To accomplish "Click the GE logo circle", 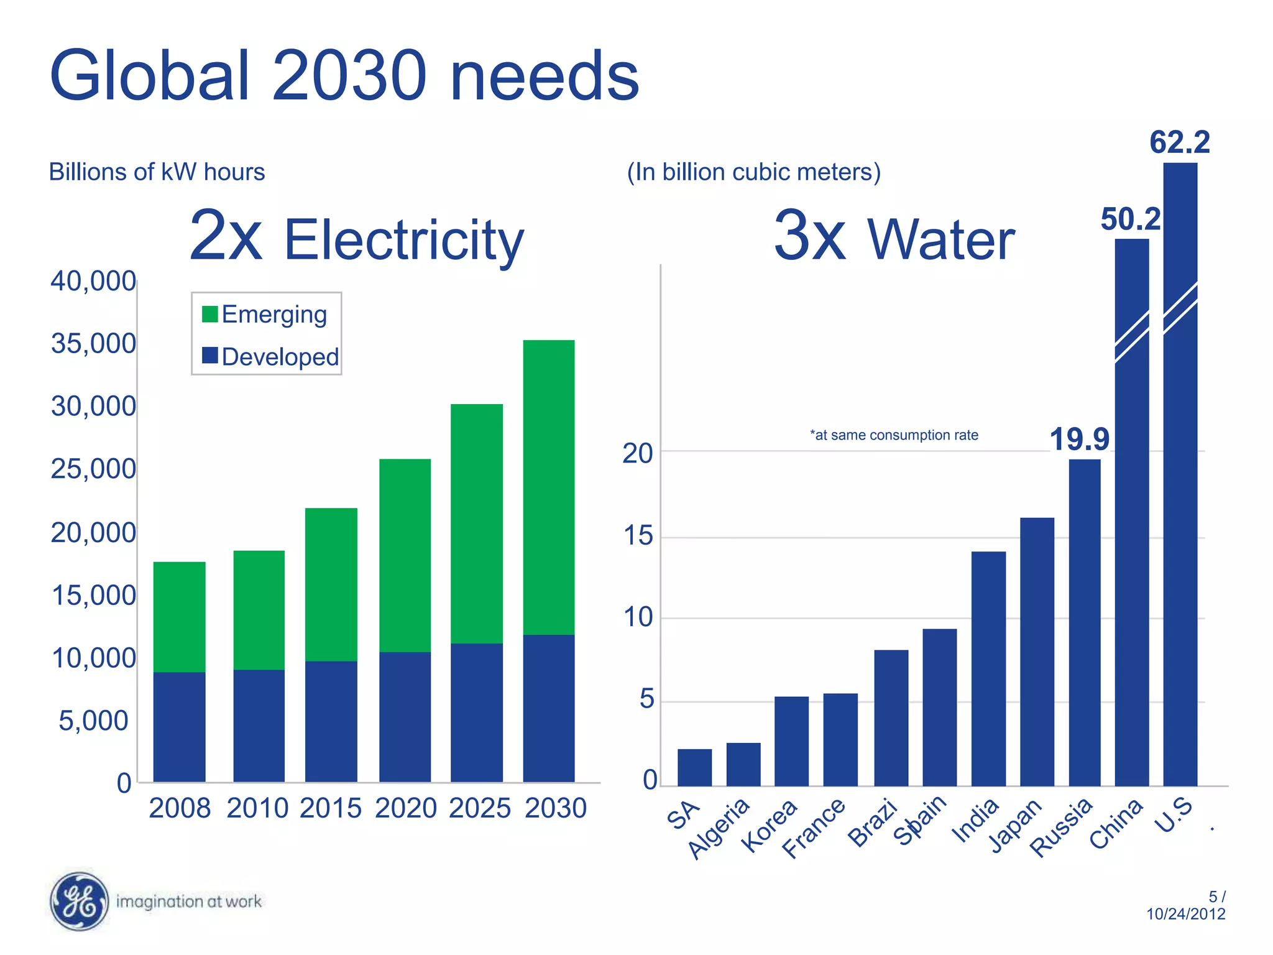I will [x=78, y=901].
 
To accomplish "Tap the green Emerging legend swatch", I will [x=210, y=314].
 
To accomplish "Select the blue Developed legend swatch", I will [x=210, y=356].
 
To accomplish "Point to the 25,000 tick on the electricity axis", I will [x=93, y=469].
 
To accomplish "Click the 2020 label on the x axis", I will [x=405, y=808].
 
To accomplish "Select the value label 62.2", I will [x=1179, y=142].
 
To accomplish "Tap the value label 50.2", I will [x=1130, y=219].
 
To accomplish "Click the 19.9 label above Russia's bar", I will [x=1079, y=440].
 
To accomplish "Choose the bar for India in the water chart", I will [x=988, y=668].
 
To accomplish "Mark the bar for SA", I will [x=694, y=767].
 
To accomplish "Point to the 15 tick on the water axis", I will [x=638, y=536].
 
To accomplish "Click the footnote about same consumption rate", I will [x=894, y=435].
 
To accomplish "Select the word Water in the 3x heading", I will [x=940, y=240].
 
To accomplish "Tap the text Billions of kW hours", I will [x=157, y=172].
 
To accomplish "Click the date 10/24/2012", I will [x=1185, y=914].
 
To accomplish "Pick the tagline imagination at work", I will [x=189, y=902].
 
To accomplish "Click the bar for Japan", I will [x=1037, y=652].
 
